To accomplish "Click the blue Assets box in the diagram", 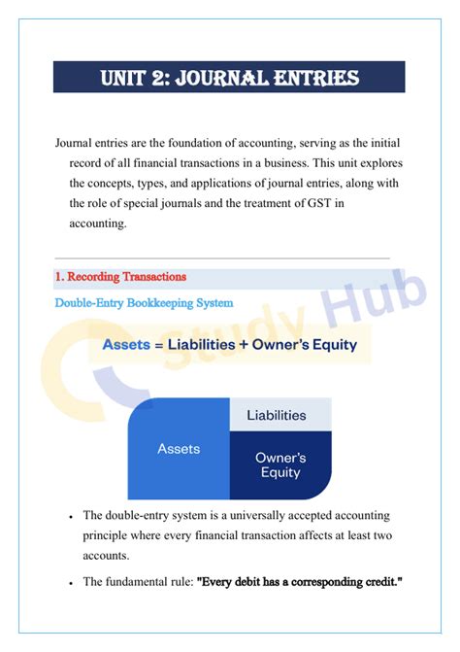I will point(179,448).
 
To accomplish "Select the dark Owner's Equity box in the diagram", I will point(279,464).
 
